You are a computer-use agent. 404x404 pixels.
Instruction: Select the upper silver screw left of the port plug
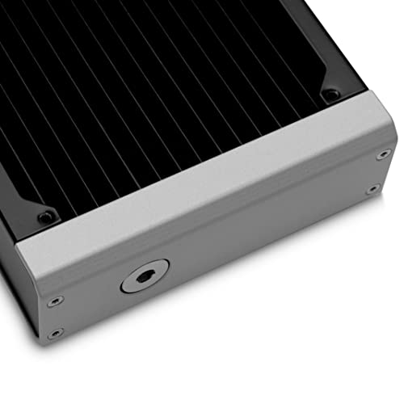53,302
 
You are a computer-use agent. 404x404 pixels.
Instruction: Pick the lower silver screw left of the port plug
53,334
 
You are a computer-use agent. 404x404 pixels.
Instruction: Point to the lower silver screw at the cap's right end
372,189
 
